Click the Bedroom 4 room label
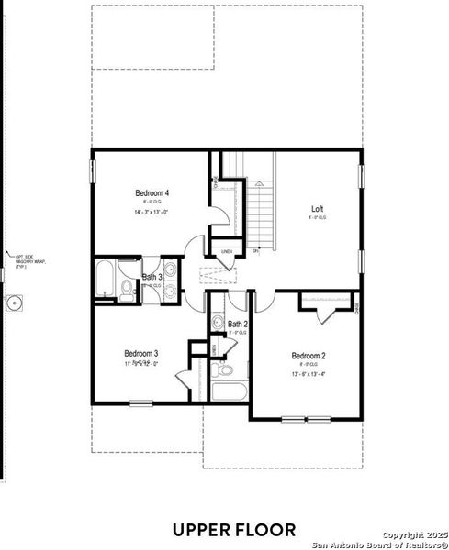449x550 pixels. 152,193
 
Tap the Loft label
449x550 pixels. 317,209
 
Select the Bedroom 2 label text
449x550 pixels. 309,356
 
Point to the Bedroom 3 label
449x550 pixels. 141,353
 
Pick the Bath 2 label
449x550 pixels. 237,324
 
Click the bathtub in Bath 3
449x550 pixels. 104,280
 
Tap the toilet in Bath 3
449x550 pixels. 127,291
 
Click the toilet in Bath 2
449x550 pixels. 222,369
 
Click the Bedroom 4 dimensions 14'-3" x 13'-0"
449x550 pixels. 152,212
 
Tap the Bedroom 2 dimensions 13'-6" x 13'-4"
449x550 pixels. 309,374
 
